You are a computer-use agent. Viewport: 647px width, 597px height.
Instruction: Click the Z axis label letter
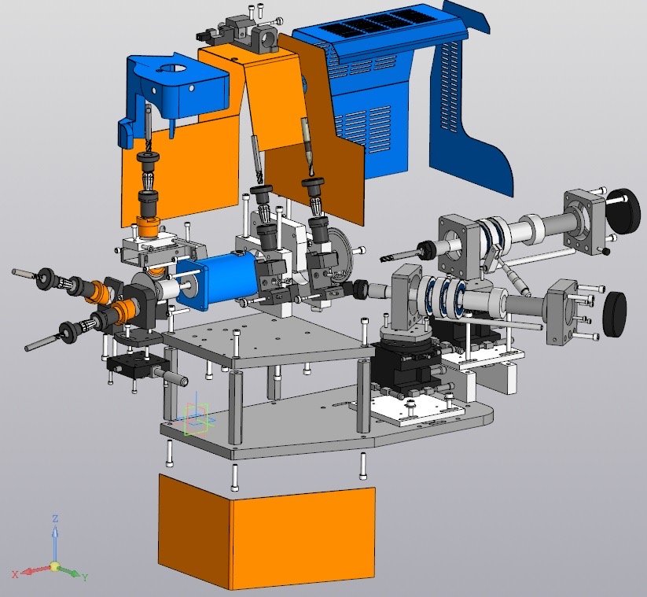pos(55,518)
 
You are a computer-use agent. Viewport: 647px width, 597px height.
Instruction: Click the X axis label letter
pos(15,574)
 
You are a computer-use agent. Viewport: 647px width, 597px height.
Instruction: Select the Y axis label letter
pos(85,577)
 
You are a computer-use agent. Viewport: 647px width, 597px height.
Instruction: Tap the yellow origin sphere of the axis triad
pos(54,566)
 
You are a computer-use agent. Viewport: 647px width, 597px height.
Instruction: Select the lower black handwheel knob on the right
pos(615,313)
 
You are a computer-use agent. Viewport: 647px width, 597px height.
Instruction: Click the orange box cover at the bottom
pos(267,532)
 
